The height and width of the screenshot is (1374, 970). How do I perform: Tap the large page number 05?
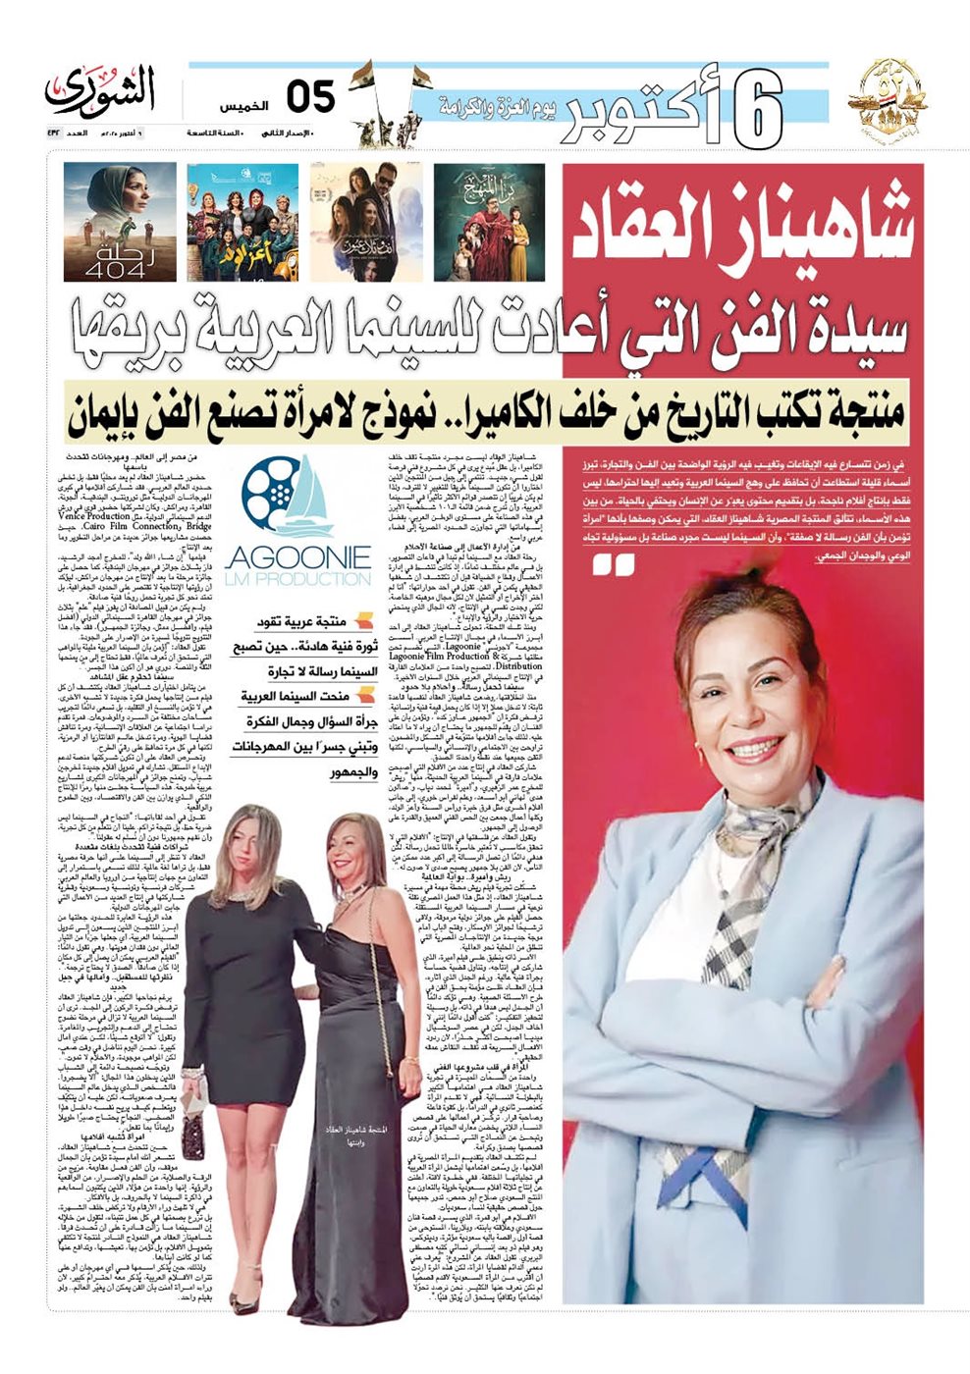coord(310,98)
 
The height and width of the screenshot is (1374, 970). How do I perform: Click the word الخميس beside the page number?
coord(239,103)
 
